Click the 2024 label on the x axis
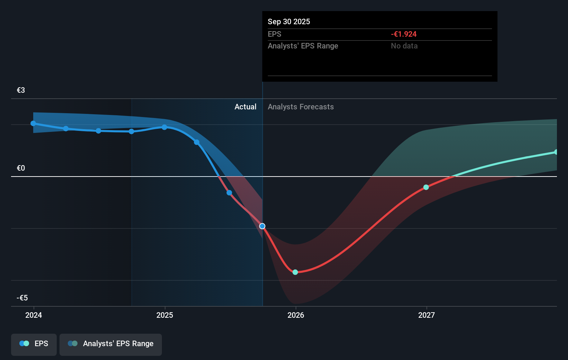tap(34, 315)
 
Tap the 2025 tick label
tap(165, 315)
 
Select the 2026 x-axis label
tap(296, 315)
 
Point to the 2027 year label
tap(427, 315)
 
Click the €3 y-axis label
tap(21, 90)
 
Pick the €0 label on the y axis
tap(21, 168)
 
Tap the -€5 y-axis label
tap(22, 298)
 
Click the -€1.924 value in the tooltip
tap(404, 34)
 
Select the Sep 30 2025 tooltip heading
tap(289, 21)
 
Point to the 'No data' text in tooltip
tap(404, 46)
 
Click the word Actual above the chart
tap(245, 107)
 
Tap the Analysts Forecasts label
tap(301, 107)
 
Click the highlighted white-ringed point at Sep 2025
tap(262, 226)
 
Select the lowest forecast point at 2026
tap(295, 272)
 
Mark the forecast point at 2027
tap(426, 187)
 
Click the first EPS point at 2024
tap(33, 123)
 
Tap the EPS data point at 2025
tap(164, 127)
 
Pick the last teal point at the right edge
tap(556, 152)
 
